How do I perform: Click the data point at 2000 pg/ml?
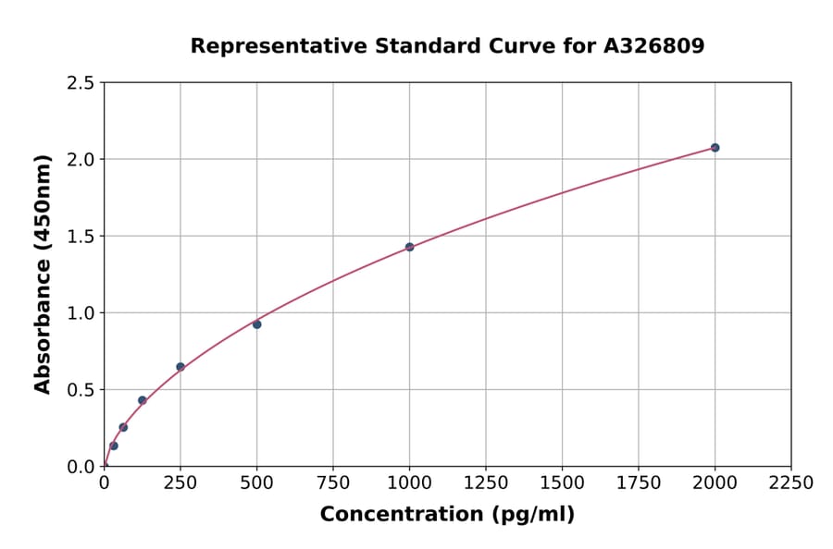(715, 148)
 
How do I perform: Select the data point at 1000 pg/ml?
(409, 247)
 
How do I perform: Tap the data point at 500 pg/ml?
(256, 324)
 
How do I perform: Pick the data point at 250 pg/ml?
(180, 367)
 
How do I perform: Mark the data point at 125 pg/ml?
(143, 400)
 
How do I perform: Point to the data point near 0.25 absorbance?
(123, 427)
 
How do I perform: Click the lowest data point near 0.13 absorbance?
(114, 445)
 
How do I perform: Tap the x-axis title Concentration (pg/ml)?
(447, 515)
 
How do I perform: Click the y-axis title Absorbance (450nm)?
(43, 274)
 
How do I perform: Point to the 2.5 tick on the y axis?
(81, 83)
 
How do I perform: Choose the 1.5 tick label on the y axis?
(81, 237)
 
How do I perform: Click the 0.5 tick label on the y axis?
(81, 390)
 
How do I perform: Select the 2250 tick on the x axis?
(790, 483)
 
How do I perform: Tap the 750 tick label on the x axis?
(333, 483)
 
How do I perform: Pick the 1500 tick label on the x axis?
(562, 483)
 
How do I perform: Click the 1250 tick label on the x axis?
(486, 483)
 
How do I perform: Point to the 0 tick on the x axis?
(104, 483)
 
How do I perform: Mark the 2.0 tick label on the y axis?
(81, 160)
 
